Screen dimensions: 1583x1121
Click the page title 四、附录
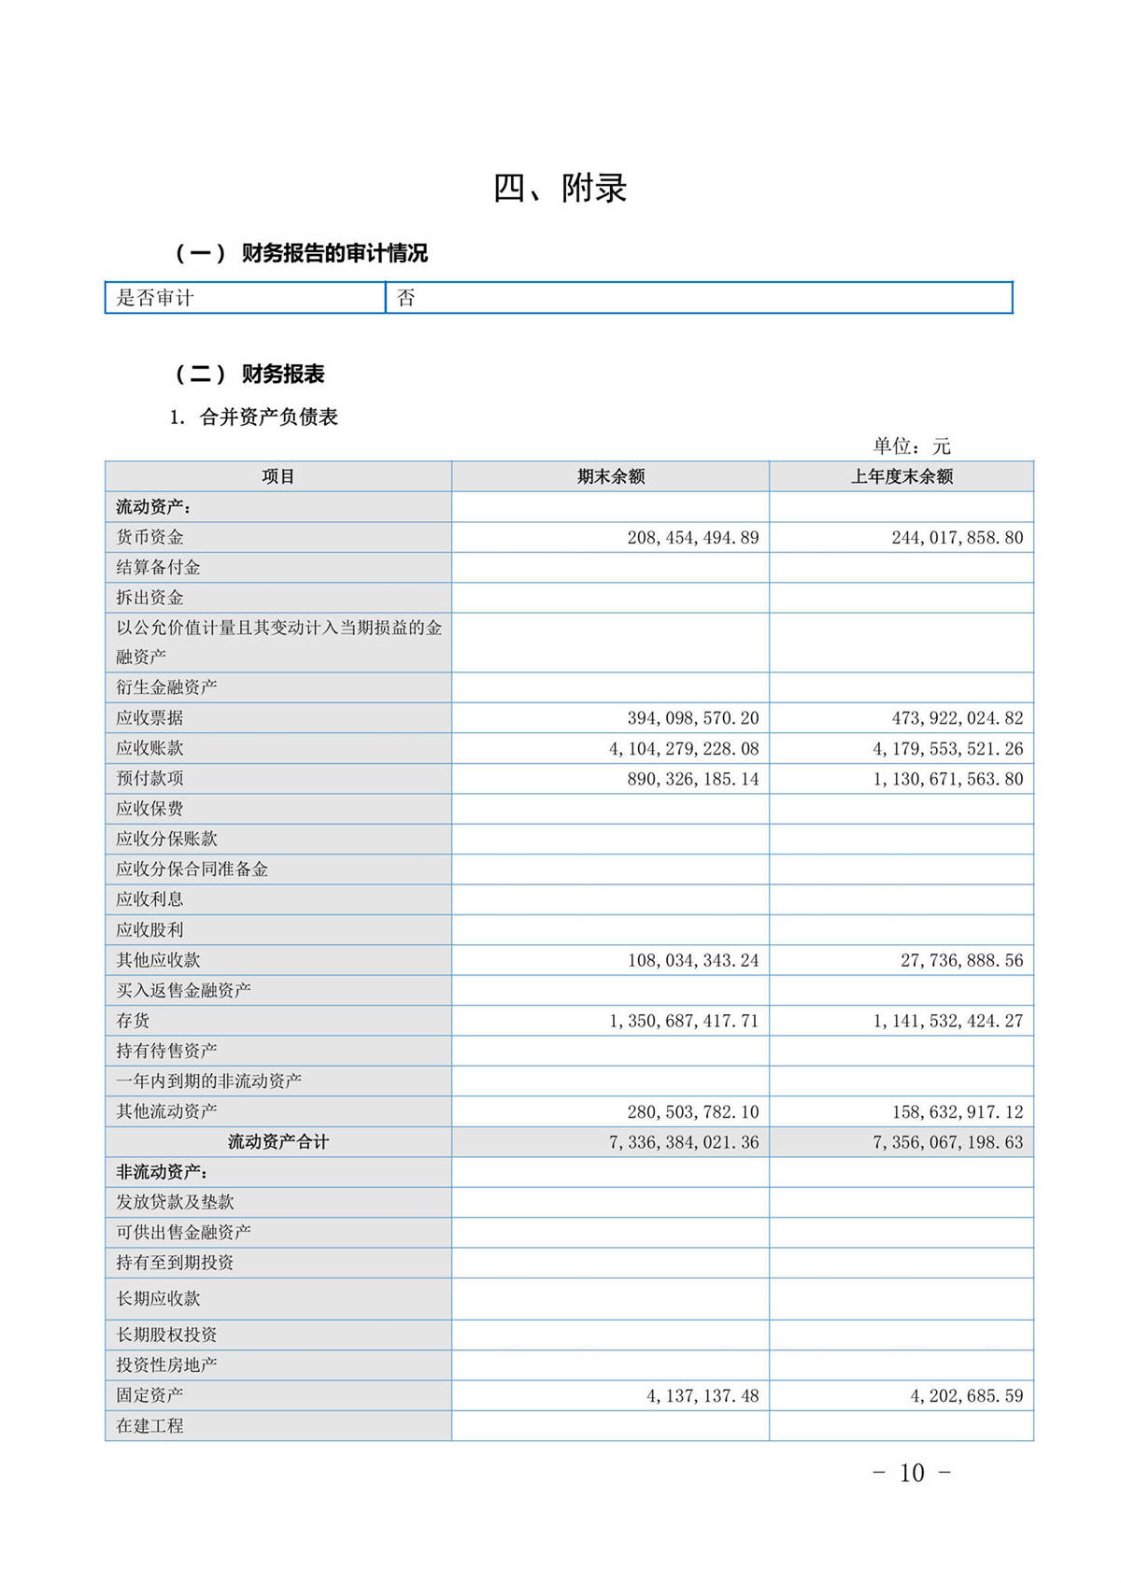tap(560, 189)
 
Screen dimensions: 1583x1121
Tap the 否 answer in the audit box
tap(405, 298)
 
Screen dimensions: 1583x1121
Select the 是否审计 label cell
tap(155, 298)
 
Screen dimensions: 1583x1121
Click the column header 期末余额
tap(611, 476)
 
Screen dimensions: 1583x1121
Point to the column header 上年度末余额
tap(901, 476)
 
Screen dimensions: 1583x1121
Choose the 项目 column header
tap(278, 476)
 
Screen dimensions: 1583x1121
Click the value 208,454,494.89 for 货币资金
tap(692, 538)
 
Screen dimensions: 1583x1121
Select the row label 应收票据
tap(149, 717)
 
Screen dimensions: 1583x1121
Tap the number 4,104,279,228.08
tap(684, 749)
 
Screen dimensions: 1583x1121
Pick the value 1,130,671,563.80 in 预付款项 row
tap(948, 779)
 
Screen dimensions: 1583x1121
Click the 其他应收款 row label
tap(158, 960)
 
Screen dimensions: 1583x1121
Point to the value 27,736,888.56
tap(961, 960)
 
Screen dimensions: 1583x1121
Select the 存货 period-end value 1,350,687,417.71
tap(684, 1021)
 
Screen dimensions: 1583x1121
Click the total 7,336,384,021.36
tap(684, 1142)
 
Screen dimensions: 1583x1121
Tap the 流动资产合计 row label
tap(278, 1142)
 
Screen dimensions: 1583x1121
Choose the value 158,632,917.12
tap(958, 1112)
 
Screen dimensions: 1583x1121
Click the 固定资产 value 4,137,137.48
tap(702, 1396)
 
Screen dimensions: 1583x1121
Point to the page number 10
tap(911, 1473)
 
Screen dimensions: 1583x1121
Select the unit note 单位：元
tap(911, 446)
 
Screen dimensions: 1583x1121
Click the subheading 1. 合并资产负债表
tap(253, 417)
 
